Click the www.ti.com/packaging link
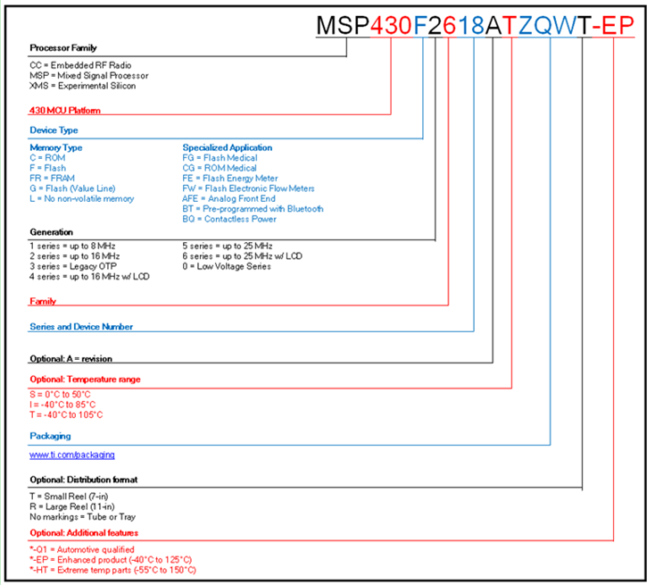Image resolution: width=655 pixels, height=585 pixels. [72, 455]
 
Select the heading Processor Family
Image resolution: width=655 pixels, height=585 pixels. [63, 47]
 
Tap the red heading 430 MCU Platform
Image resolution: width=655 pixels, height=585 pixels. [65, 111]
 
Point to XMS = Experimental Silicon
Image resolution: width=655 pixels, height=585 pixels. [79, 86]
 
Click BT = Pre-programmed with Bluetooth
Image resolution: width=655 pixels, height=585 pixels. [253, 209]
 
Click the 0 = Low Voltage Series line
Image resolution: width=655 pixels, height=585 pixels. [227, 266]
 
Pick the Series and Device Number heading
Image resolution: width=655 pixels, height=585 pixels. [81, 327]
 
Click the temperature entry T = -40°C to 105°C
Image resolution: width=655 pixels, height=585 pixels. [66, 414]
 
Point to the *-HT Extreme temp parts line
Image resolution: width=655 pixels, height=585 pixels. [112, 570]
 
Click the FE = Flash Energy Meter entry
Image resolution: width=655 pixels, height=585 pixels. [231, 178]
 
